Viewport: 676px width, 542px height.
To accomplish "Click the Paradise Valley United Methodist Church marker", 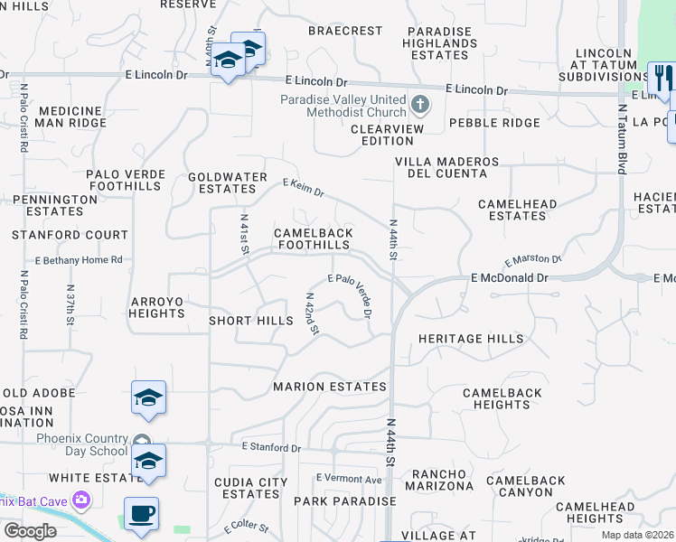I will click(x=419, y=105).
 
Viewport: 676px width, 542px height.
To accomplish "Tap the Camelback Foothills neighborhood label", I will click(x=313, y=238).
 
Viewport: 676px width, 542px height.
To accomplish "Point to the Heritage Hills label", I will click(x=470, y=339).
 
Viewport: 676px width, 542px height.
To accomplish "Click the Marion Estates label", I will click(x=330, y=387).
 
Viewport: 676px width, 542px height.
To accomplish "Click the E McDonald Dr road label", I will click(x=510, y=279).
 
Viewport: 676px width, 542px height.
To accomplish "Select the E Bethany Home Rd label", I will click(x=79, y=260).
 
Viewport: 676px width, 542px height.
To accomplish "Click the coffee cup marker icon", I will click(x=141, y=513).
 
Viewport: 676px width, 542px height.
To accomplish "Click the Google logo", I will click(x=30, y=531).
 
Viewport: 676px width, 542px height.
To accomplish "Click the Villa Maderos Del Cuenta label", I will click(x=446, y=168).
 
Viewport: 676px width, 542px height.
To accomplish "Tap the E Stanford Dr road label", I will click(x=271, y=447).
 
